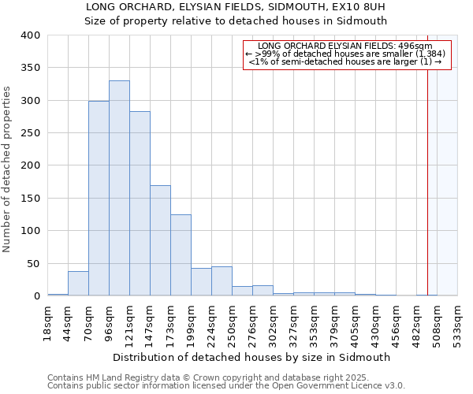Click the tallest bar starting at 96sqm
[119, 188]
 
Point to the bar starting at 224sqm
[222, 281]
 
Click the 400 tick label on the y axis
[31, 35]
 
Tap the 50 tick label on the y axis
[34, 263]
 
